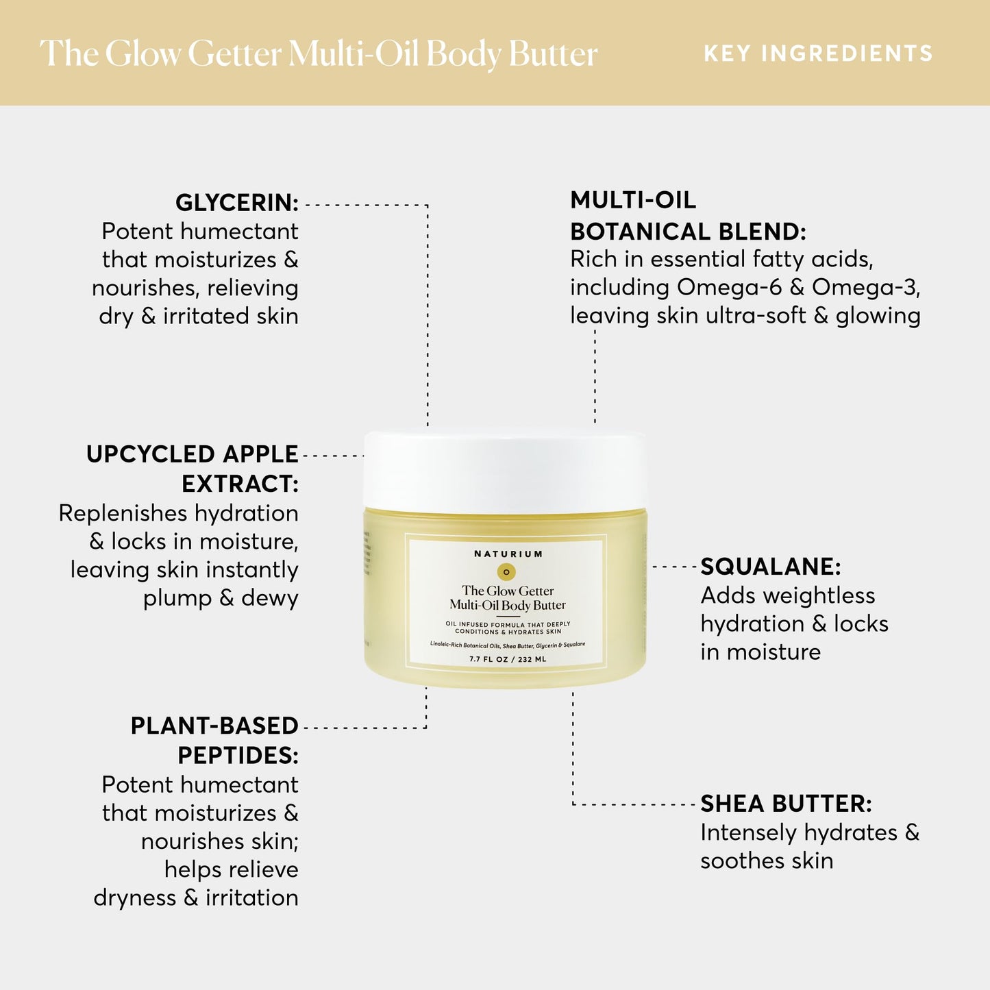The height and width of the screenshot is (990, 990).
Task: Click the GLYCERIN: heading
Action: (236, 203)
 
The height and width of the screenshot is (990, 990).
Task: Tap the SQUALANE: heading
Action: (770, 567)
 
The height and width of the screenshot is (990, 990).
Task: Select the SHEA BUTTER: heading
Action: (786, 804)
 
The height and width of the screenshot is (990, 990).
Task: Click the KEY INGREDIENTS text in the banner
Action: (818, 53)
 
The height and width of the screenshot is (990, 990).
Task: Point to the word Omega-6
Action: (729, 287)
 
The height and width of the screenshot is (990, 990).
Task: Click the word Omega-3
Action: (865, 287)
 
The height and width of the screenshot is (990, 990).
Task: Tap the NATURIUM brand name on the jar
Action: (508, 554)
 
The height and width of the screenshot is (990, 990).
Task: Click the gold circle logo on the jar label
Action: (506, 572)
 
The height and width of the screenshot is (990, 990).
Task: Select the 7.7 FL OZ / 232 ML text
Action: (508, 659)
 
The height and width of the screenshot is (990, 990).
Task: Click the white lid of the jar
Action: (506, 470)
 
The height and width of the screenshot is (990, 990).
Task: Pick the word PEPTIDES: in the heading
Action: (238, 755)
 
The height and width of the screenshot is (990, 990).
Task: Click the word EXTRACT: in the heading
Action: (240, 484)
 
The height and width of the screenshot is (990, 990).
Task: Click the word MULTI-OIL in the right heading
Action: (633, 200)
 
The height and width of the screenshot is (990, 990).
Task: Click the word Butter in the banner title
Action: (554, 53)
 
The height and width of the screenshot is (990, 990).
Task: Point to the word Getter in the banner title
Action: (234, 53)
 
